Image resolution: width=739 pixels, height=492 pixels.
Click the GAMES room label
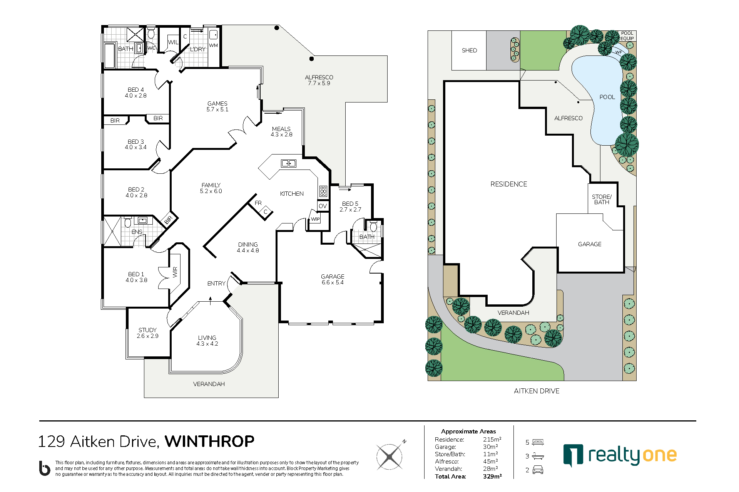pos(217,106)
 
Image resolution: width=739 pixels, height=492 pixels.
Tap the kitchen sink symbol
pos(289,163)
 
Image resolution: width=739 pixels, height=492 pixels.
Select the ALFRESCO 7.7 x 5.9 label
pos(319,80)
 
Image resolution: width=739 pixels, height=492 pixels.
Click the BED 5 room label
pos(350,207)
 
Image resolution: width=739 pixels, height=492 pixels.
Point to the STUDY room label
pos(148,333)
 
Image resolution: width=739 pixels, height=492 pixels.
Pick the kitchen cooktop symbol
pos(323,191)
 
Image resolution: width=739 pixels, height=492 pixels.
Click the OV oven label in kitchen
pos(323,206)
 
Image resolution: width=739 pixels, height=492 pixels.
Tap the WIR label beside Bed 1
pos(175,272)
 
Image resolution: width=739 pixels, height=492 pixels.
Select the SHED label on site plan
pos(469,50)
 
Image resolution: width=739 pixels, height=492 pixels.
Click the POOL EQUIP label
pos(627,36)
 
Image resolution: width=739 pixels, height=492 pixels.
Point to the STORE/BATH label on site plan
pos(602,200)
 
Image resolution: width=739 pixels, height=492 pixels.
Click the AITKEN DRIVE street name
pos(537,391)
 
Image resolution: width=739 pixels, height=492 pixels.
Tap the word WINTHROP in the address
pos(209,442)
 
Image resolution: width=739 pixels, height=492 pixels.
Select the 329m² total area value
pos(492,477)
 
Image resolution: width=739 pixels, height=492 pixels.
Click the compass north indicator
pos(404,442)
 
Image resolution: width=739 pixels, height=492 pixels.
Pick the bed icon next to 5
pos(538,442)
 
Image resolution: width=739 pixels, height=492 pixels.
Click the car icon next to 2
pos(538,470)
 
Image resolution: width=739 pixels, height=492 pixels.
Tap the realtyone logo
pos(620,456)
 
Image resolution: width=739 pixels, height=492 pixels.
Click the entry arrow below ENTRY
pos(210,301)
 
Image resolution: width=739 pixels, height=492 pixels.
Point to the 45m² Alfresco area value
pos(490,462)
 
